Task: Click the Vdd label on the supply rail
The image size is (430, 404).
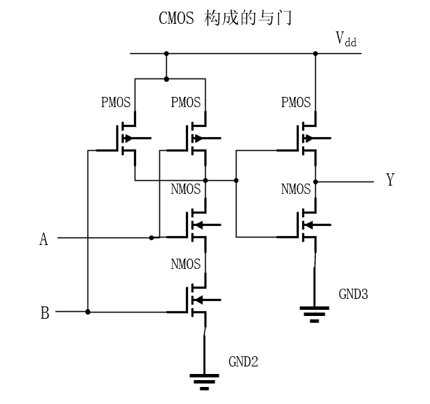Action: (x=345, y=40)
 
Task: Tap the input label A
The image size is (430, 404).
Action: (x=44, y=239)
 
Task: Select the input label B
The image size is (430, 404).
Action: (x=44, y=313)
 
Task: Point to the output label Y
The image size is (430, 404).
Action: (x=390, y=181)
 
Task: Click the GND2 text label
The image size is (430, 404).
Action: (x=243, y=362)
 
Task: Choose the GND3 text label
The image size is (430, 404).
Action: (x=353, y=294)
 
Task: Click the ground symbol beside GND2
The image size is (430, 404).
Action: (x=204, y=380)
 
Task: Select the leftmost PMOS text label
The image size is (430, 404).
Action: (x=116, y=102)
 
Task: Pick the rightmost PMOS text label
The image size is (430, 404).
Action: (x=296, y=102)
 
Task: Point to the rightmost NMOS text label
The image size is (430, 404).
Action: (x=296, y=189)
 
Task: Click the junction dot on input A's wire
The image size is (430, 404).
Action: (x=151, y=237)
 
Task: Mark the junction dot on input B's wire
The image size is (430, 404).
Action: (x=88, y=312)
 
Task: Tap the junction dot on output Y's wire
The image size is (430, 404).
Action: (x=315, y=182)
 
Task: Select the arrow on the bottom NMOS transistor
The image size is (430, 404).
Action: (x=199, y=300)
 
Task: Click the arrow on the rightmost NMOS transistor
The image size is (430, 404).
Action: (x=308, y=225)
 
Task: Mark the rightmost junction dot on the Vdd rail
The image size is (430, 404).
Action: (x=315, y=53)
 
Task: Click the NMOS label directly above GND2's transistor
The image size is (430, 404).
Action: (x=186, y=263)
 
